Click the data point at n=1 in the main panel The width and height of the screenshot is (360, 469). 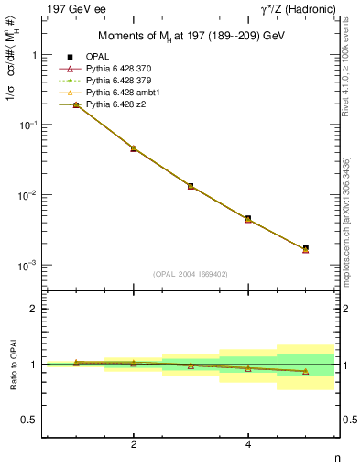[x=76, y=105]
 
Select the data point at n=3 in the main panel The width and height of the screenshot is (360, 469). [x=191, y=186]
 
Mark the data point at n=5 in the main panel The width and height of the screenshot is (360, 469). [x=305, y=248]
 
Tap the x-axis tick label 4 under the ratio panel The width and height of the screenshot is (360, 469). [x=248, y=444]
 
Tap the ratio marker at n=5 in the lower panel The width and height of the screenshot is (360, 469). [x=305, y=372]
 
